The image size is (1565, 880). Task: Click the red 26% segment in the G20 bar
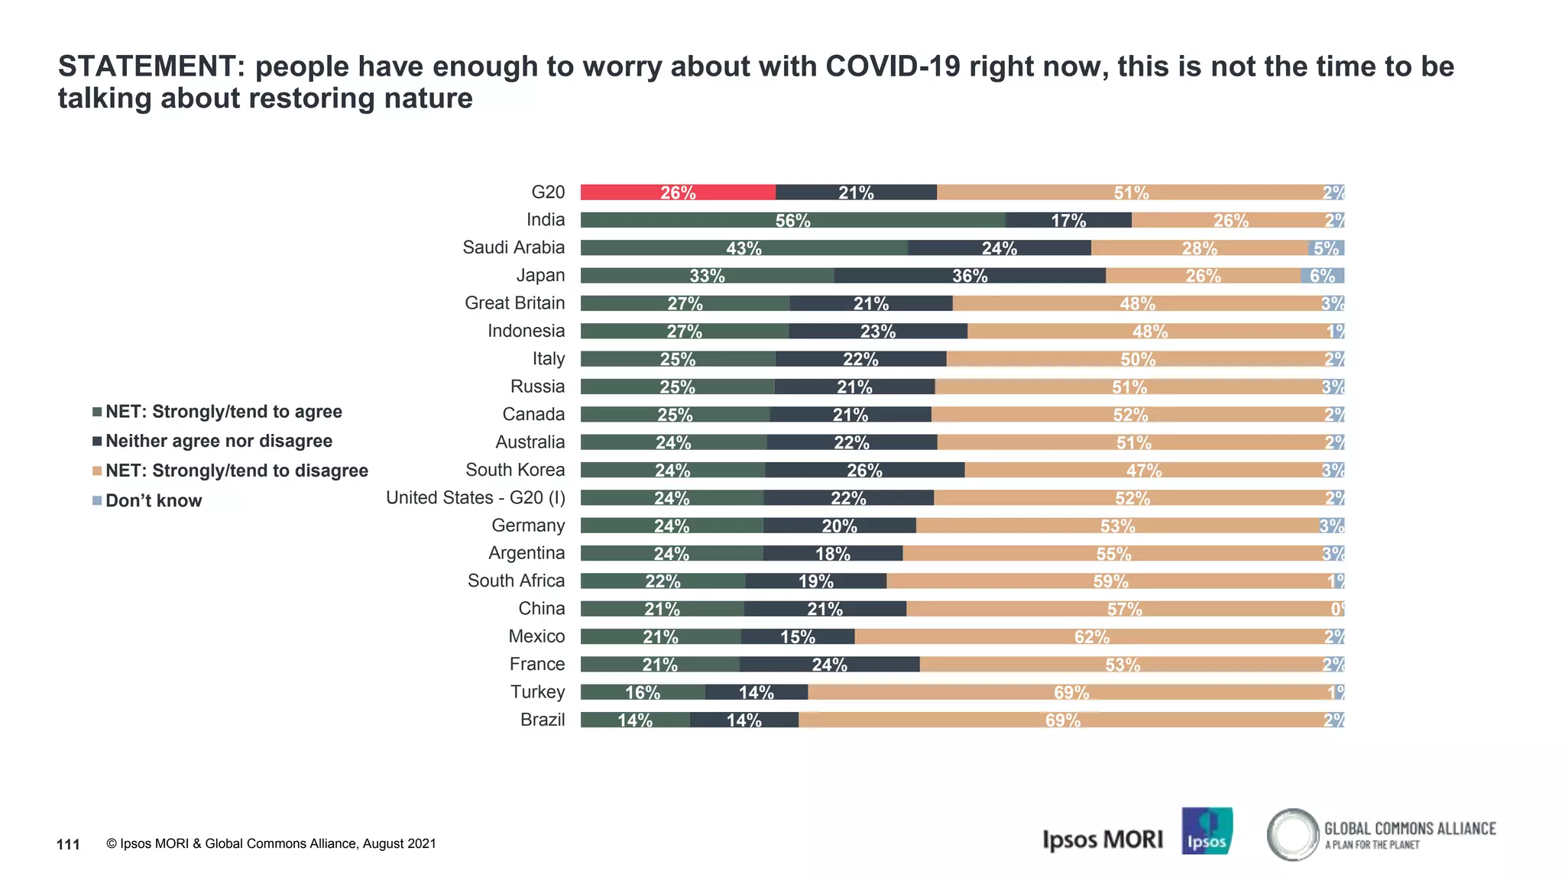click(678, 192)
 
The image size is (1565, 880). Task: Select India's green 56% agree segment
click(792, 220)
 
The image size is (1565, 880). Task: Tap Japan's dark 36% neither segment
click(969, 276)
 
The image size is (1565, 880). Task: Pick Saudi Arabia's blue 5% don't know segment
click(1326, 248)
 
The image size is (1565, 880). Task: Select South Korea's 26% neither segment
click(864, 470)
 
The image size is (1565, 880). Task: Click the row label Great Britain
click(514, 303)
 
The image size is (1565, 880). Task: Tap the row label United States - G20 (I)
click(475, 498)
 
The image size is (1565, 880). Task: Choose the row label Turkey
click(537, 692)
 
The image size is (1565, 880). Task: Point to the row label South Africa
click(516, 581)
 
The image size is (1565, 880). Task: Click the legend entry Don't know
click(153, 501)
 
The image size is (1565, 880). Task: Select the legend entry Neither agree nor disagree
click(219, 442)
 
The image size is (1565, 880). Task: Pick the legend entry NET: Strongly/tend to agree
click(223, 412)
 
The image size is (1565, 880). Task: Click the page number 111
click(68, 844)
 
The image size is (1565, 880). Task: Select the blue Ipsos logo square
click(1207, 831)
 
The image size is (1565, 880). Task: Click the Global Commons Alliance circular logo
click(1293, 834)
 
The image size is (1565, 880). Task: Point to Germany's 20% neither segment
click(839, 526)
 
